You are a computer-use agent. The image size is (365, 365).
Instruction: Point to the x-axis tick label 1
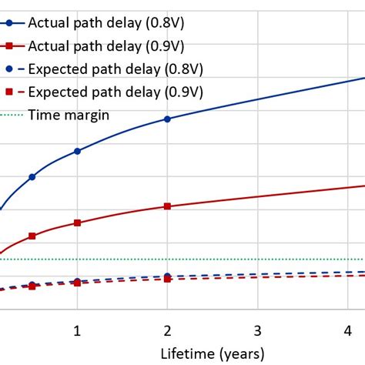(77, 330)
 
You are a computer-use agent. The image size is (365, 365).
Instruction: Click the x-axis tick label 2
(167, 330)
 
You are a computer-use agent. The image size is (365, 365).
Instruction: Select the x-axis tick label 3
(257, 330)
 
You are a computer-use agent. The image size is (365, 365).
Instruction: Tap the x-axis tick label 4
(347, 330)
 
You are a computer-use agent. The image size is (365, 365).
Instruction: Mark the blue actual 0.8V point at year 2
(167, 119)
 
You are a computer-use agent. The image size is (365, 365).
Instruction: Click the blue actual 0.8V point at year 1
(77, 151)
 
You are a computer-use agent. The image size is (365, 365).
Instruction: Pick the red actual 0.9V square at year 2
(167, 206)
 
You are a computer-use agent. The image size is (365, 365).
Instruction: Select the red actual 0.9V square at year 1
(77, 223)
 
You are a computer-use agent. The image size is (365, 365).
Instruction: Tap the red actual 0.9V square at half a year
(32, 236)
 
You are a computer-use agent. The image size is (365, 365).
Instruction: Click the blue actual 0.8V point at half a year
(32, 176)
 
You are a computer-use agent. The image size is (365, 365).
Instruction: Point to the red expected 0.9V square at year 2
(167, 279)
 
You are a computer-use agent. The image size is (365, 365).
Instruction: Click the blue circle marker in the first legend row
(9, 22)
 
